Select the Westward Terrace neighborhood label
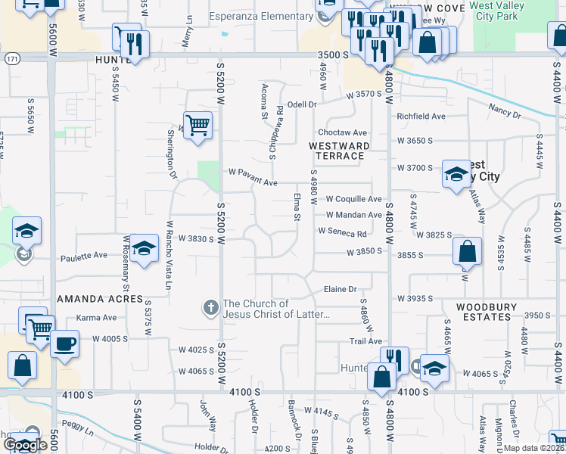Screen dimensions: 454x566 (339, 150)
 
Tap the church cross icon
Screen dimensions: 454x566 (211, 308)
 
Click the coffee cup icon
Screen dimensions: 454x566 (64, 344)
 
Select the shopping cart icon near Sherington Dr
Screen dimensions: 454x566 (197, 124)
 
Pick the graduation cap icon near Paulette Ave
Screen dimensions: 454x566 (143, 248)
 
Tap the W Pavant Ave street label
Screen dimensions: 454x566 (253, 182)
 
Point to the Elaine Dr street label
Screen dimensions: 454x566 (340, 289)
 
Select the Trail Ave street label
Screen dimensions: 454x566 (365, 342)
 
